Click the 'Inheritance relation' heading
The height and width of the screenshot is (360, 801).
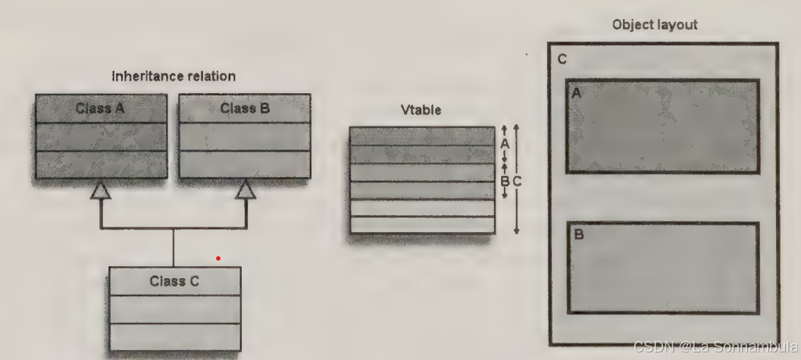(x=174, y=77)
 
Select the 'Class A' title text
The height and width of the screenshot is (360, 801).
(x=100, y=108)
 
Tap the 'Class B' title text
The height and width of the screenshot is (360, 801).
(x=244, y=108)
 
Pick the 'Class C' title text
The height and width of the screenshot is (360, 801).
(x=174, y=281)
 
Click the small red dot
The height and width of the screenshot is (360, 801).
(x=218, y=258)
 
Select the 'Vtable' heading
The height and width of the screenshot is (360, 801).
(x=421, y=111)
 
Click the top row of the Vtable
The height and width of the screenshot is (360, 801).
(x=421, y=136)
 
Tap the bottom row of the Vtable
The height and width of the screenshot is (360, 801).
(x=421, y=224)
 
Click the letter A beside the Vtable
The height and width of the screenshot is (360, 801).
(x=505, y=142)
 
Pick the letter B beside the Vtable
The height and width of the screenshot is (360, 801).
(x=505, y=180)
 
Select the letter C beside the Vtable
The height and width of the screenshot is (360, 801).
(x=517, y=180)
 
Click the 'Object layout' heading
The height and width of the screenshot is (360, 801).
(x=655, y=25)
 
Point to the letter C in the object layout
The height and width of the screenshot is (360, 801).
(x=562, y=60)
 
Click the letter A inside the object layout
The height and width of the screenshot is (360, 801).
(x=577, y=93)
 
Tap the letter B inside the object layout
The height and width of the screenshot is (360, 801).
(x=579, y=235)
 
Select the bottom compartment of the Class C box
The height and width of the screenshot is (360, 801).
(x=174, y=336)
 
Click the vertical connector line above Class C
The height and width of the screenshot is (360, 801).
(x=174, y=247)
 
